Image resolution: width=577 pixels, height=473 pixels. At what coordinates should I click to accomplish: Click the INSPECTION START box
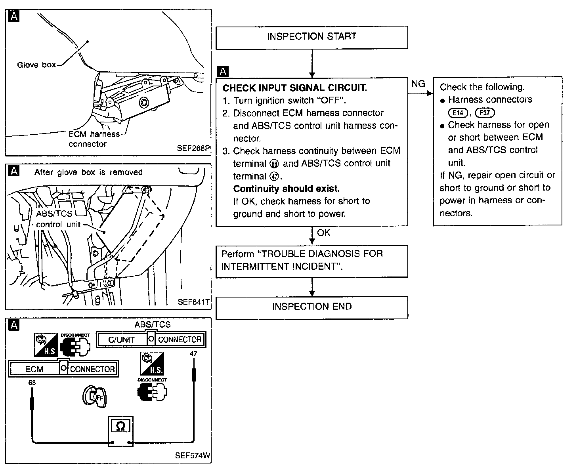311,37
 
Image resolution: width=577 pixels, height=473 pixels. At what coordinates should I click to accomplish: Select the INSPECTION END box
311,307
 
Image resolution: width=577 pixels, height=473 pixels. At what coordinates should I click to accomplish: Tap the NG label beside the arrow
418,84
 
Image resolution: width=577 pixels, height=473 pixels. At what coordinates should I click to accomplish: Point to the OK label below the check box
323,233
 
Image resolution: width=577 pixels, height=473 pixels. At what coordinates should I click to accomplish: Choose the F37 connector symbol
485,113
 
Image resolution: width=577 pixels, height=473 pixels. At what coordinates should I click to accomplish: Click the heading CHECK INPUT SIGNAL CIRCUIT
294,88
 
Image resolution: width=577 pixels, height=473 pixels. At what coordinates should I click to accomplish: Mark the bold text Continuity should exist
286,189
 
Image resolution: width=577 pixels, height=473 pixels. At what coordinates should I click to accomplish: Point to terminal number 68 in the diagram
32,383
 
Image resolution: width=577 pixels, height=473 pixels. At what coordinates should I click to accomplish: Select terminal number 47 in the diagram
193,354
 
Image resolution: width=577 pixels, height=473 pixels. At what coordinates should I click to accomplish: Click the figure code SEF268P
193,149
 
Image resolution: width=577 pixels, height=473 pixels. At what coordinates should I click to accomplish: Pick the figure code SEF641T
193,302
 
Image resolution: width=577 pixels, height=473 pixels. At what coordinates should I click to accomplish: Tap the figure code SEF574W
192,456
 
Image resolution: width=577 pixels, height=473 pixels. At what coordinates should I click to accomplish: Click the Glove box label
36,65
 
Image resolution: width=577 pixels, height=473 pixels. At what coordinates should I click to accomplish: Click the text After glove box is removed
88,172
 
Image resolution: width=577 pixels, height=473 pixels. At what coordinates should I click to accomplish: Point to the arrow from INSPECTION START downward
312,63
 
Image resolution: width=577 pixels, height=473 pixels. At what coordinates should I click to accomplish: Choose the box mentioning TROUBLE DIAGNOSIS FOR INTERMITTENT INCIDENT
311,261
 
